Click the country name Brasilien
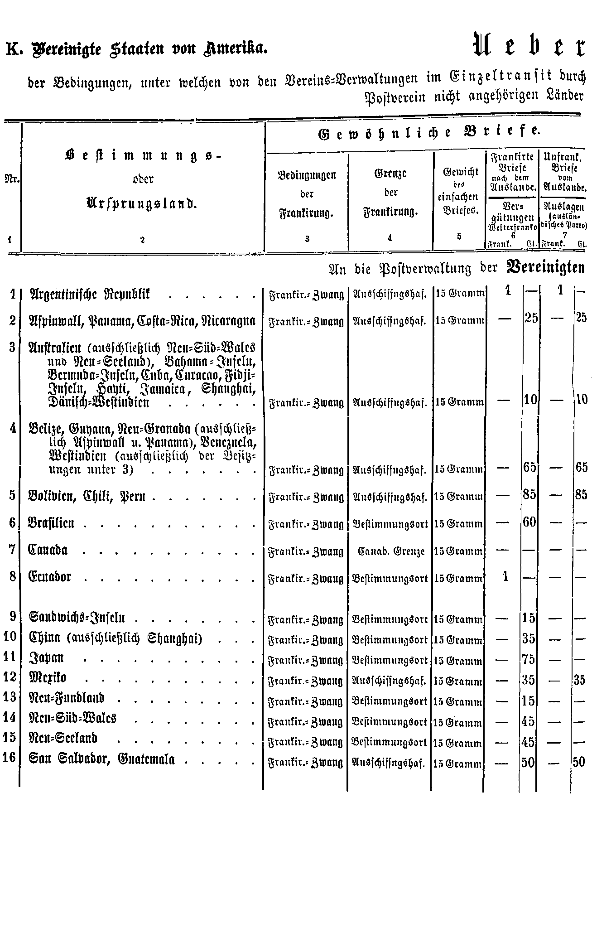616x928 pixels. point(52,523)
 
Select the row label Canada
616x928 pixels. point(48,550)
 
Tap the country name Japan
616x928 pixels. point(46,657)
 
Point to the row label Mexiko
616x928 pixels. point(48,678)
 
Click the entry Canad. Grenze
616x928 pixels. point(391,551)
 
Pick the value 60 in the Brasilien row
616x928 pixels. point(529,522)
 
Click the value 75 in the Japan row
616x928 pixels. point(528,659)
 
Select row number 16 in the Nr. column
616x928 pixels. point(10,758)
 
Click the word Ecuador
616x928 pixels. point(50,577)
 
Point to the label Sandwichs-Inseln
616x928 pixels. point(77,618)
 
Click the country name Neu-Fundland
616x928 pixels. point(67,698)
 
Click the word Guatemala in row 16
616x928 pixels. point(146,759)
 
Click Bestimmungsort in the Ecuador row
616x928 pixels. point(390,579)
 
